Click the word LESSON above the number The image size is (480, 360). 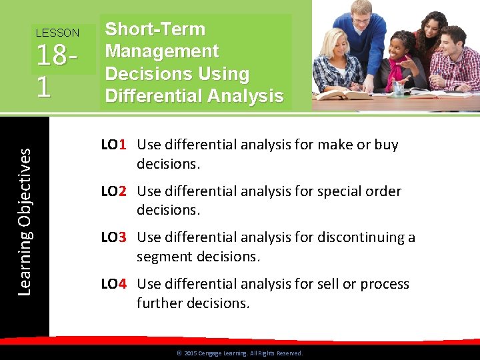[57, 33]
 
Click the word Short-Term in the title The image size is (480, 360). [155, 29]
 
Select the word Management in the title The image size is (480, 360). [162, 51]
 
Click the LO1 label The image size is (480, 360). [114, 145]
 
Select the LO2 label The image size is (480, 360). [114, 191]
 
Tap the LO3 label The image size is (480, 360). [114, 237]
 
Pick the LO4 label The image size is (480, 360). [114, 284]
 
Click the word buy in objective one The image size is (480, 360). [386, 145]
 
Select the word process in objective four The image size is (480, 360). [385, 284]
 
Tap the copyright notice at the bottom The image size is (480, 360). [239, 353]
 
